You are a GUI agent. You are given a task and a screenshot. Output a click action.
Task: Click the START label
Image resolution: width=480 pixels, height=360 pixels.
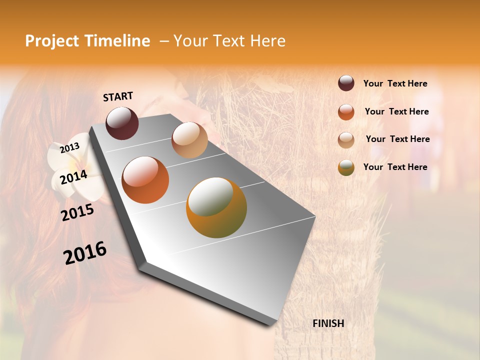tap(118, 96)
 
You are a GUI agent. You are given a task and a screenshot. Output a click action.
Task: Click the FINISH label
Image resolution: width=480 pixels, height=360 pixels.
tap(328, 323)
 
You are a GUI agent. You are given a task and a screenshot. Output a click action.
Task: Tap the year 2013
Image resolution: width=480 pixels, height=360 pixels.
tap(69, 148)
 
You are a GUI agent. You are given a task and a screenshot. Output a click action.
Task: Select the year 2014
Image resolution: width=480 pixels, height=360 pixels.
tap(73, 177)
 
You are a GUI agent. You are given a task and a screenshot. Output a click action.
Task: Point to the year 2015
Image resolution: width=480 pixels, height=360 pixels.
tap(77, 212)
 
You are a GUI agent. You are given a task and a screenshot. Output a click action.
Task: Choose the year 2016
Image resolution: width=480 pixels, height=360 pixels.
tap(85, 253)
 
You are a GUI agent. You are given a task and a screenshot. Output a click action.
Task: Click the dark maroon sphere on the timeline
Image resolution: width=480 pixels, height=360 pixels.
tap(122, 123)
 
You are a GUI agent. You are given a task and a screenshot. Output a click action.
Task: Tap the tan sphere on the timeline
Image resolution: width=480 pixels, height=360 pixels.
tap(189, 140)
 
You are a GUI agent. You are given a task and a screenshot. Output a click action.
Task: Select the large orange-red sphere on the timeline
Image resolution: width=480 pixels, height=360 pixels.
tap(145, 180)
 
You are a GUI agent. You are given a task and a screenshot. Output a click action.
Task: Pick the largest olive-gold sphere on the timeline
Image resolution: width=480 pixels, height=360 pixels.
tap(216, 207)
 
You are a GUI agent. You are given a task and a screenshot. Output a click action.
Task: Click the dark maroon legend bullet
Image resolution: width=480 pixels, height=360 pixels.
tap(346, 83)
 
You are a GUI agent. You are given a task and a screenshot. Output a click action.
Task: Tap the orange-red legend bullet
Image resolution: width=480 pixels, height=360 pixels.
tap(346, 112)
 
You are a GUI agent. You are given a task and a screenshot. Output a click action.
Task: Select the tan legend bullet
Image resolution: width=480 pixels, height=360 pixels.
tap(346, 140)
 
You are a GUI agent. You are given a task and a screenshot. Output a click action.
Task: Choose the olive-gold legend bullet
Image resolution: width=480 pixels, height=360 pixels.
tap(346, 168)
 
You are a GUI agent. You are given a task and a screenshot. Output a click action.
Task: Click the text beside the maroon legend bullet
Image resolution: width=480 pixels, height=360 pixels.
tap(395, 84)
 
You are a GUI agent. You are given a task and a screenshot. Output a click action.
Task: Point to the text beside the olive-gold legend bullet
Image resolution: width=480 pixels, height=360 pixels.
tap(395, 167)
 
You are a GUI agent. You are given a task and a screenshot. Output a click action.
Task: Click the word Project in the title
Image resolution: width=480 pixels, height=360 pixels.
tap(52, 41)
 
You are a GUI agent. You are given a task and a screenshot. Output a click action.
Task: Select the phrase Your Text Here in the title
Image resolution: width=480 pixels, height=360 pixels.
tap(229, 41)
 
